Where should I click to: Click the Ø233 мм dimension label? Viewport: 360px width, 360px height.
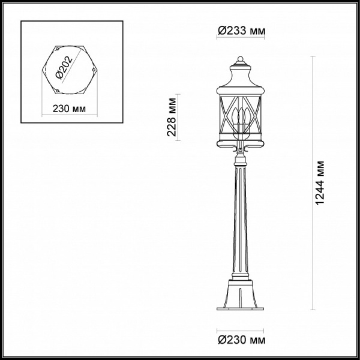tap(242, 31)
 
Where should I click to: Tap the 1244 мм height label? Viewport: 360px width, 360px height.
tap(320, 183)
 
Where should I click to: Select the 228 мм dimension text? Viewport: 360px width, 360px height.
tap(172, 117)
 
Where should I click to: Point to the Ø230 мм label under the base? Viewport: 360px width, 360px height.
tap(242, 340)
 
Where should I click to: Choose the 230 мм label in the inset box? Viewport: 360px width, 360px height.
tap(69, 109)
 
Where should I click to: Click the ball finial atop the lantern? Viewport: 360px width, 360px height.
tap(240, 59)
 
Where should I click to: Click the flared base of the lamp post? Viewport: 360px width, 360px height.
tap(240, 295)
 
